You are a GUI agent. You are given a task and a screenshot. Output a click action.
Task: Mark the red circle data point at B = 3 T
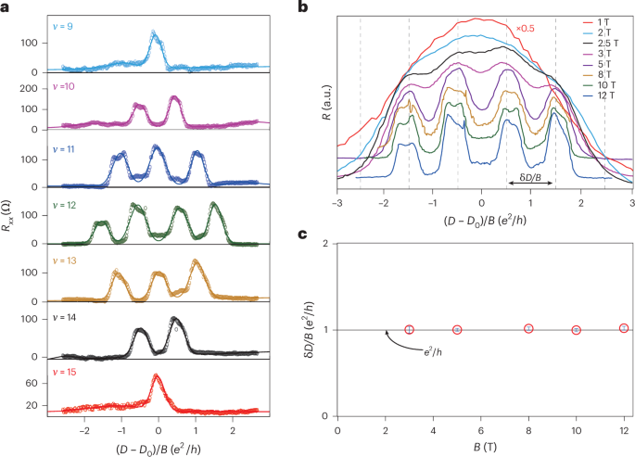pos(409,330)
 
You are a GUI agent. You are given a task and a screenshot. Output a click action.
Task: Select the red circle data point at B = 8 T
pos(528,329)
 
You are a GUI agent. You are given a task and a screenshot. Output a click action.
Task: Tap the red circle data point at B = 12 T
pos(624,328)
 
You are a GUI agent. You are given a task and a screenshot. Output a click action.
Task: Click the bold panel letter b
pos(325,7)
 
